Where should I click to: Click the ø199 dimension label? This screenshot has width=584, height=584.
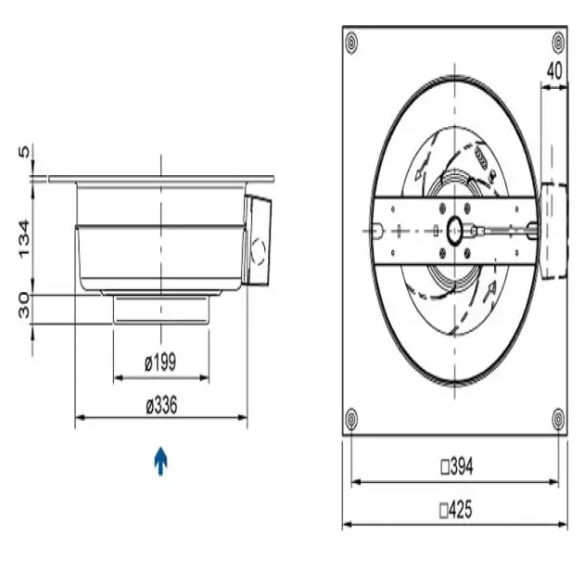coord(160,362)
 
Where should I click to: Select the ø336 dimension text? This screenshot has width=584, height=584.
coord(161,405)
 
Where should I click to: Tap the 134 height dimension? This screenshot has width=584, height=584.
coord(24,239)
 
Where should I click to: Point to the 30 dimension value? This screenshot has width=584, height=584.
coord(24,305)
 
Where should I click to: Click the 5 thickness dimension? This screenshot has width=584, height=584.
coord(24,152)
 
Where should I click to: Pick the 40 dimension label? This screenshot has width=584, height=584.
coord(554,70)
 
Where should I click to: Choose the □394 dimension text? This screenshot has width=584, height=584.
coord(457,466)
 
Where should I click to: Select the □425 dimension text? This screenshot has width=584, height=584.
coord(456,510)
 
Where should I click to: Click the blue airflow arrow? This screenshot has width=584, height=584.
coord(160,461)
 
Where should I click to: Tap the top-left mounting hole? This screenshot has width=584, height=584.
coord(351,43)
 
